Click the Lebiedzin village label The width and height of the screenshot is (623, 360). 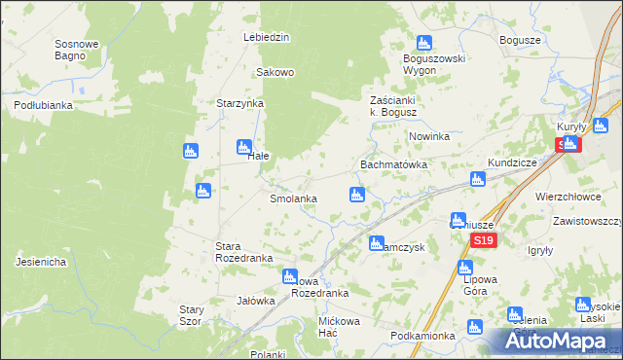267,37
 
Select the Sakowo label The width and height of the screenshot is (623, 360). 275,72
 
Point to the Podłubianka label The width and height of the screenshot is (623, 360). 44,105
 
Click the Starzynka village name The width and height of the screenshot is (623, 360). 240,102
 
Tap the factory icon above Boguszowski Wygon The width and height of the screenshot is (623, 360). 423,43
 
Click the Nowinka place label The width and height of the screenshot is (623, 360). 428,136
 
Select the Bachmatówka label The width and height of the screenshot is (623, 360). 394,165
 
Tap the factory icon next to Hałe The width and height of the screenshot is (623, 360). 243,147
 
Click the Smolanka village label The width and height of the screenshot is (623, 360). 293,198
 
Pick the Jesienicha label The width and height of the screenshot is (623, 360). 41,262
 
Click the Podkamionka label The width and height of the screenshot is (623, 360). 421,336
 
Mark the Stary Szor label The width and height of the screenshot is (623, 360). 190,315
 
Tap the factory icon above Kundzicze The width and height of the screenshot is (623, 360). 478,179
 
